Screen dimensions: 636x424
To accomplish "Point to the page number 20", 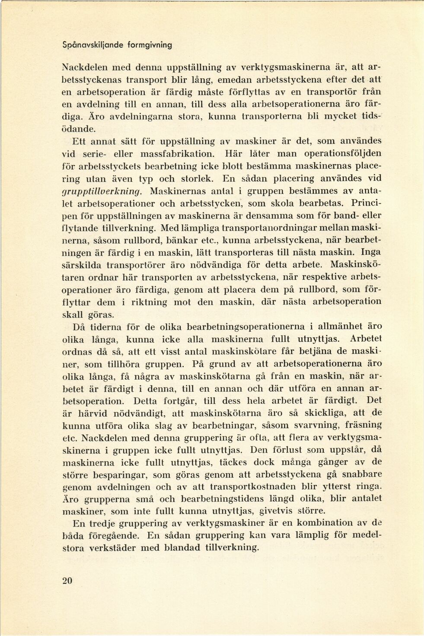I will (x=67, y=581).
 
